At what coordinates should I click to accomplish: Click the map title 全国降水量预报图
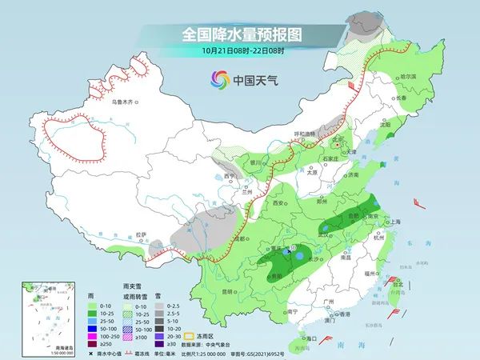tap(240, 35)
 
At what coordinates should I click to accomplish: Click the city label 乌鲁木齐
tap(126, 102)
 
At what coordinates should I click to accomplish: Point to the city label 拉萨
tap(141, 234)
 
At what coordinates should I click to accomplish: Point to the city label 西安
tap(278, 204)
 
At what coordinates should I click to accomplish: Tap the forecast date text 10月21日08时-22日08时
tap(240, 51)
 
